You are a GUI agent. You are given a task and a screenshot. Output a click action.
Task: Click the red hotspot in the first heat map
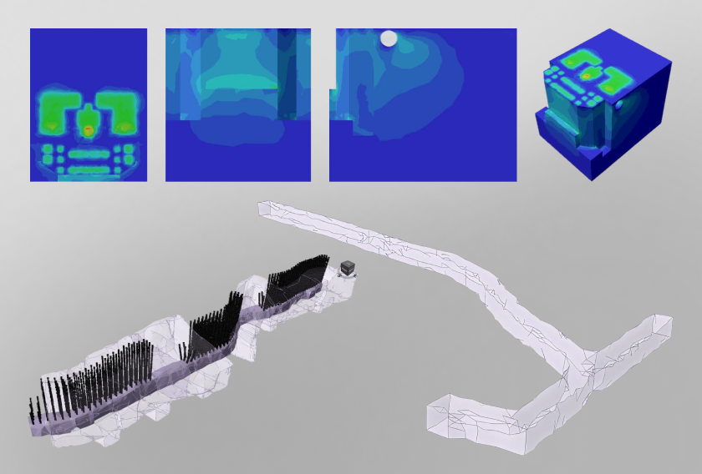click(x=89, y=130)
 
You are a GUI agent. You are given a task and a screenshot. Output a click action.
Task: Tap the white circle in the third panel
click(x=389, y=38)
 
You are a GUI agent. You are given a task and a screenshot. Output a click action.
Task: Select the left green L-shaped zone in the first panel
click(x=56, y=109)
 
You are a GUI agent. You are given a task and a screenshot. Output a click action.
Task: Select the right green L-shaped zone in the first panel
click(x=120, y=109)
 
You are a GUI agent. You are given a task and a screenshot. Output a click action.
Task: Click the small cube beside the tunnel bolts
click(x=348, y=268)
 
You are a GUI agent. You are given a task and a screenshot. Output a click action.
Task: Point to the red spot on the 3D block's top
click(x=587, y=76)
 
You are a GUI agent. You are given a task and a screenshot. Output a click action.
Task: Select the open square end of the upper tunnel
click(x=266, y=211)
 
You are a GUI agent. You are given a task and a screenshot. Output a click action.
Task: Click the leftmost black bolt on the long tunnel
click(x=33, y=409)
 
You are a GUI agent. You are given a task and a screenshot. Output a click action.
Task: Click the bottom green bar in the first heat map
click(x=89, y=170)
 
